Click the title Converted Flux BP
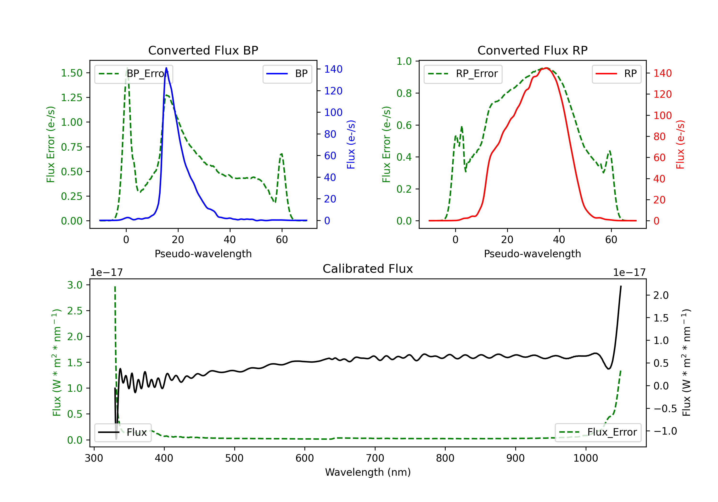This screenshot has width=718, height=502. tap(203, 50)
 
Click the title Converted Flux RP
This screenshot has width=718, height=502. tap(532, 50)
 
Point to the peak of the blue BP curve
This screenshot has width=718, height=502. tap(166, 68)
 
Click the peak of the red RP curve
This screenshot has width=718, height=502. tap(546, 68)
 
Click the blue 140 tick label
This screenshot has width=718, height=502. tap(333, 69)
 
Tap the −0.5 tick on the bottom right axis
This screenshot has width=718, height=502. tap(665, 409)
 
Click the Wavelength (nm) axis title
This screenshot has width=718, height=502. tap(368, 472)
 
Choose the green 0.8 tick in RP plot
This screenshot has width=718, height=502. tap(404, 93)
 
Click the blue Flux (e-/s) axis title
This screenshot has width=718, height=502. tap(351, 144)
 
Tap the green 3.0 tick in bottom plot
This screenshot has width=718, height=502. tap(75, 285)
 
